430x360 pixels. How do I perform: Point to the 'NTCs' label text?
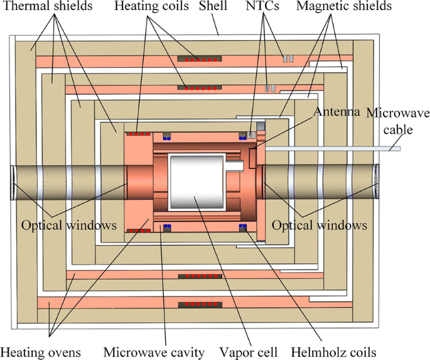point(263,7)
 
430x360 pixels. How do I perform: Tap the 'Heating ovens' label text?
point(40,351)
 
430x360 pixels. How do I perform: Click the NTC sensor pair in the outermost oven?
point(288,59)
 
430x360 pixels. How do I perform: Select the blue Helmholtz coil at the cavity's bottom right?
point(242,227)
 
